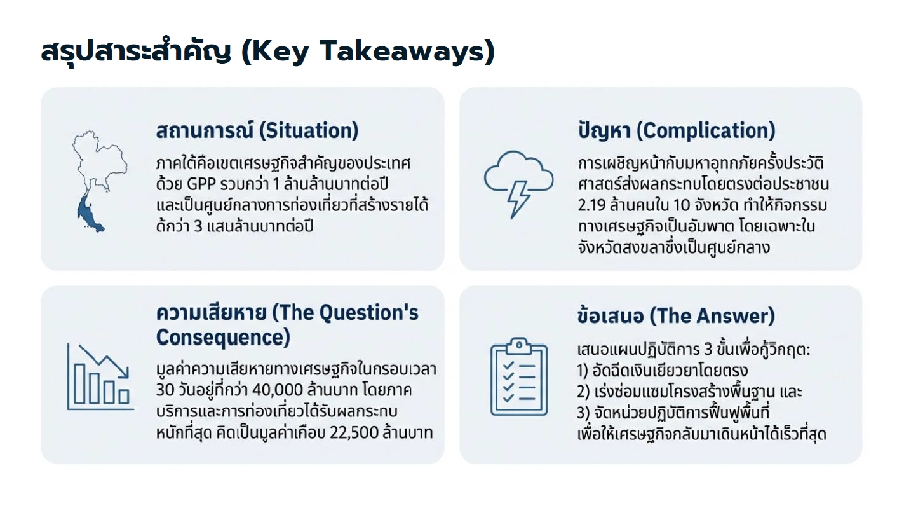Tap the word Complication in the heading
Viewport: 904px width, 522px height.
pyautogui.click(x=706, y=130)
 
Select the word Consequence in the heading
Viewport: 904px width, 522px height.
pyautogui.click(x=223, y=338)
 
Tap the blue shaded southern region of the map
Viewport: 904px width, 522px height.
pyautogui.click(x=90, y=214)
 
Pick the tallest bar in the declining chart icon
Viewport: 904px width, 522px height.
pyautogui.click(x=79, y=383)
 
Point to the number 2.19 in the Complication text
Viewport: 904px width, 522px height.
pyautogui.click(x=591, y=205)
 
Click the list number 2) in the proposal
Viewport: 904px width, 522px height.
pyautogui.click(x=584, y=392)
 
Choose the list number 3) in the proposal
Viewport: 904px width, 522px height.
pyautogui.click(x=584, y=413)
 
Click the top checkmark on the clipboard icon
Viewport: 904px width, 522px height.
pyautogui.click(x=508, y=366)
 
